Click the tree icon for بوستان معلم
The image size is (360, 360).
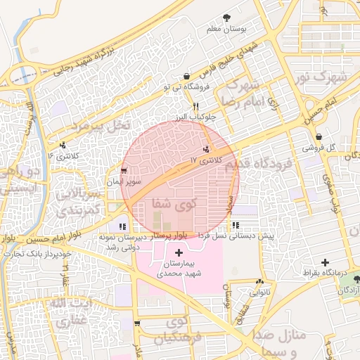click(x=226, y=18)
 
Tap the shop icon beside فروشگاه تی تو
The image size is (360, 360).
click(x=186, y=77)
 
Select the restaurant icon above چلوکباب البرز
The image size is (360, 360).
click(x=186, y=105)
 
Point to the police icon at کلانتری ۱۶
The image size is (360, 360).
click(x=63, y=146)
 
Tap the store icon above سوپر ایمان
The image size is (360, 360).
click(x=124, y=171)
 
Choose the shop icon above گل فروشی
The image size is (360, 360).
click(x=319, y=136)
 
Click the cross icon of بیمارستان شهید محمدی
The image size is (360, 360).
click(x=179, y=252)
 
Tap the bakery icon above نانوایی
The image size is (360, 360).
click(x=259, y=281)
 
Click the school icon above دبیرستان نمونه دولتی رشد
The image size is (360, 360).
click(x=123, y=226)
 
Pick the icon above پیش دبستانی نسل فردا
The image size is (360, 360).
click(x=235, y=226)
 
